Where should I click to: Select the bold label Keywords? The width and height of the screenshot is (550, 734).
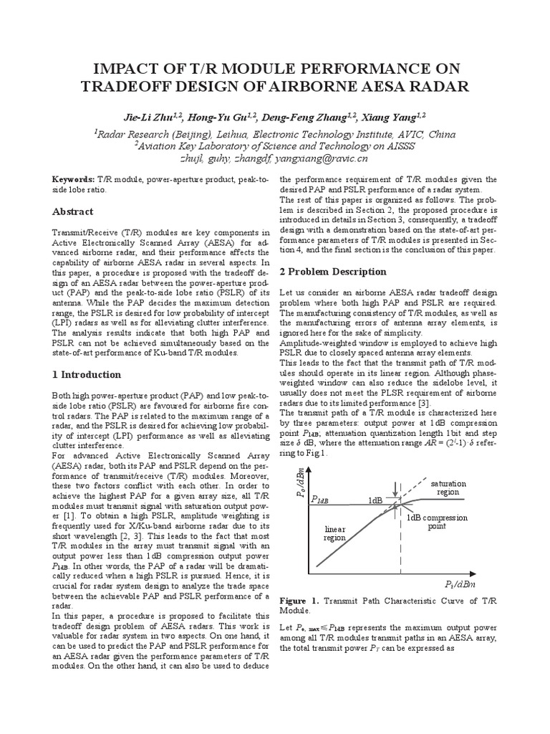pyautogui.click(x=74, y=178)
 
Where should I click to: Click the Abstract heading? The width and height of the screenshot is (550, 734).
pyautogui.click(x=73, y=211)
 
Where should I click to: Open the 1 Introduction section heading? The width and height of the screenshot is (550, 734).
pyautogui.click(x=87, y=374)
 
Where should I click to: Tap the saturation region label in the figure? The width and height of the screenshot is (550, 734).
pyautogui.click(x=448, y=487)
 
